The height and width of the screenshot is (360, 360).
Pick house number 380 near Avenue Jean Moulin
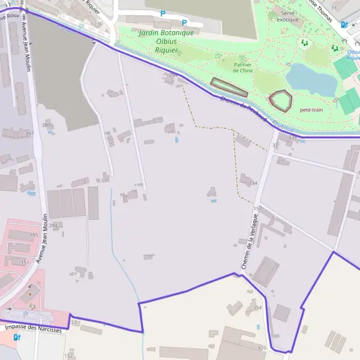pyautogui.click(x=47, y=125)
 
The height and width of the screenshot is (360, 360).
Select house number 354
pyautogui.click(x=257, y=307)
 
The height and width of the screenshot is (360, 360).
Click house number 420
pyautogui.click(x=262, y=348)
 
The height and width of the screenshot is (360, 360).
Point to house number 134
pyautogui.click(x=253, y=183)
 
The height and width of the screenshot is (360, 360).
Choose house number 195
pyautogui.click(x=34, y=235)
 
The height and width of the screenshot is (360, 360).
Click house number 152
pyautogui.click(x=68, y=356)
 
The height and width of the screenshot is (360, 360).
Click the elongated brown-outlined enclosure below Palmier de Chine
pyautogui.click(x=229, y=88)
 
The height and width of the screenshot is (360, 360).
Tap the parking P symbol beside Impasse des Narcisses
pyautogui.click(x=25, y=314)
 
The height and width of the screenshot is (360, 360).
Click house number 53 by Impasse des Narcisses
pyautogui.click(x=74, y=323)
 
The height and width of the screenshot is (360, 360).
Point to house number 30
pyautogui.click(x=99, y=23)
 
